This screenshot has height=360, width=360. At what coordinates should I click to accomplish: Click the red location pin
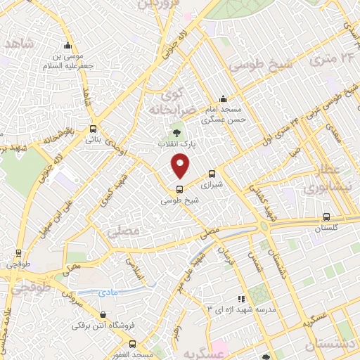tap(181, 166)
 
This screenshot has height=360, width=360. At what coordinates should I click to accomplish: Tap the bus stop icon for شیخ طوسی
tap(180, 188)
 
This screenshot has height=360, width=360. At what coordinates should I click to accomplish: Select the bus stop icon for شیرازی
tap(212, 174)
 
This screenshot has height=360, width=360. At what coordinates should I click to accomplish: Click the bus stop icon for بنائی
tap(94, 129)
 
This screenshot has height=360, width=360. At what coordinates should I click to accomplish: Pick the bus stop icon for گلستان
tap(326, 217)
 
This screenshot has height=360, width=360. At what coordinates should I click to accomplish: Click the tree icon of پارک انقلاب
tap(176, 131)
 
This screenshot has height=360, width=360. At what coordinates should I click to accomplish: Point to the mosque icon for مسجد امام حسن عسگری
tap(223, 98)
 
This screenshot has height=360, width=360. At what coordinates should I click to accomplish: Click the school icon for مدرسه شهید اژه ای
tap(242, 298)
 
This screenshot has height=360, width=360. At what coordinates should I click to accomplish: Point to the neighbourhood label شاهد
tap(19, 44)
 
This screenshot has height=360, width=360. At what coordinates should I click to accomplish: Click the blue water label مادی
tap(109, 288)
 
